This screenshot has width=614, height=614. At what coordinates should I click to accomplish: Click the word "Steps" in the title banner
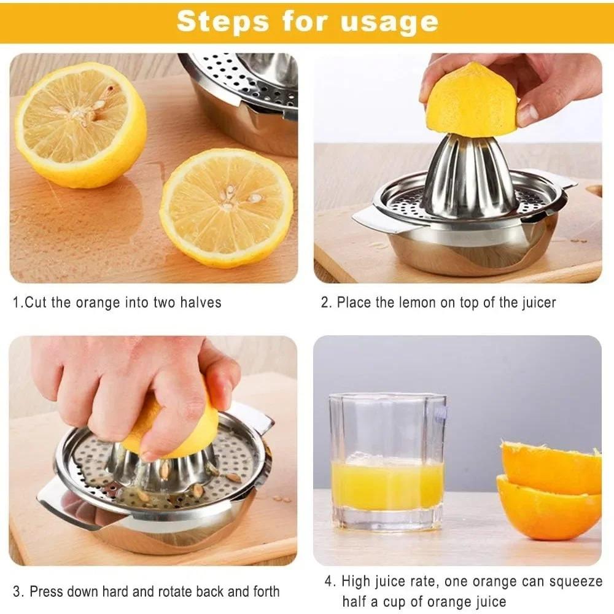tap(222, 21)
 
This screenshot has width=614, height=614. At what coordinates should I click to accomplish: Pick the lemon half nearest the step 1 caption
tap(226, 207)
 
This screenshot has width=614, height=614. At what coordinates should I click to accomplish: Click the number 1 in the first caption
tap(17, 303)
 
